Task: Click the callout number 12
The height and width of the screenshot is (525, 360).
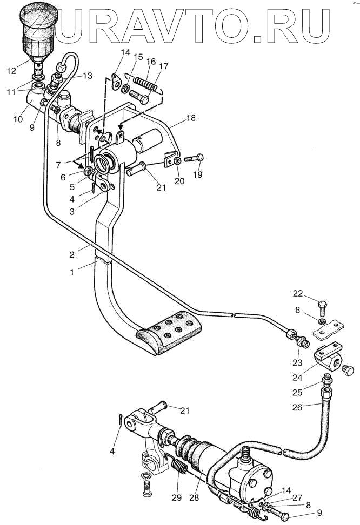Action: coord(11,71)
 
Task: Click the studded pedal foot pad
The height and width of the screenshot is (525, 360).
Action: coord(168,332)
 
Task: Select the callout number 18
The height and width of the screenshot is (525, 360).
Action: coord(191,118)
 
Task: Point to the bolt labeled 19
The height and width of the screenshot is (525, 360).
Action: coord(194,158)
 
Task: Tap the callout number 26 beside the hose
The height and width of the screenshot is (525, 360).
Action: coord(297,407)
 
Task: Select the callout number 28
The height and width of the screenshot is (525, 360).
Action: coord(194,497)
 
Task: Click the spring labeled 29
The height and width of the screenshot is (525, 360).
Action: coord(178,466)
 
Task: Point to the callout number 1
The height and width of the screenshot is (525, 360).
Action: coord(72,272)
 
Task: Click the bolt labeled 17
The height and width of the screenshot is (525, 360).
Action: coord(139,97)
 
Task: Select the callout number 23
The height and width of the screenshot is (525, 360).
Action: coord(297,362)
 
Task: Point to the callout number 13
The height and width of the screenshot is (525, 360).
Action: coord(88,76)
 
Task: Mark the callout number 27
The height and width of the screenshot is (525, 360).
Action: coord(297,498)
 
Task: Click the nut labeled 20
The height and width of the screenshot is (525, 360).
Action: coord(178,161)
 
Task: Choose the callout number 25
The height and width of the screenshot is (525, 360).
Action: coord(297,392)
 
